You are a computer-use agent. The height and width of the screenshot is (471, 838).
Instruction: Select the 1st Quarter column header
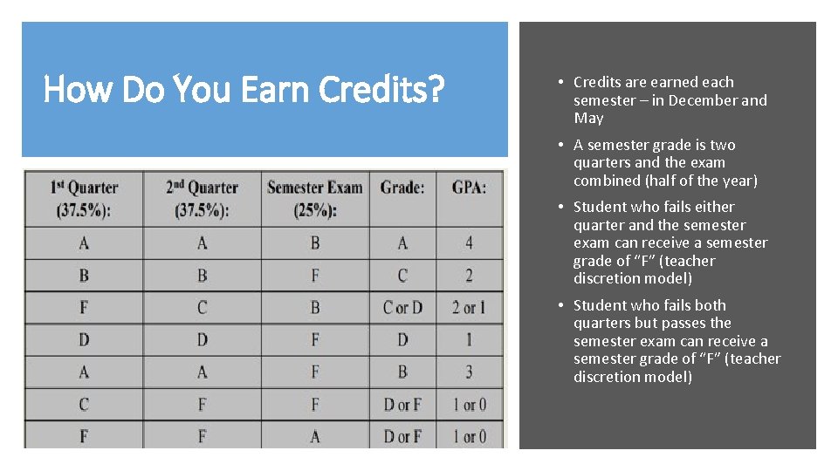(84, 198)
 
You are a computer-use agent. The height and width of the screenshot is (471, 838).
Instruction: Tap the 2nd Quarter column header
(202, 198)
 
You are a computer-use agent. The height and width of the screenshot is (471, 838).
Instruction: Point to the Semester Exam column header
(314, 198)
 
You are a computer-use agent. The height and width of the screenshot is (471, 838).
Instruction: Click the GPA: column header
(469, 187)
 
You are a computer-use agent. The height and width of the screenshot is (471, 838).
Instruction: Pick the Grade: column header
(402, 187)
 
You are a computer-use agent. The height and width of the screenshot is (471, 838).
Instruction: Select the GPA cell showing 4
(469, 242)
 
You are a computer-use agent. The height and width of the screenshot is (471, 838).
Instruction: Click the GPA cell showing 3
(469, 372)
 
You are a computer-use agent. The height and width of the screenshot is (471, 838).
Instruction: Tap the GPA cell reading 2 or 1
(469, 308)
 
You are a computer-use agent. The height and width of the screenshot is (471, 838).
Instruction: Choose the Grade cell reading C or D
(402, 308)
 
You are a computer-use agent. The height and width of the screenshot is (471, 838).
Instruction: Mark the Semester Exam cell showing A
(315, 436)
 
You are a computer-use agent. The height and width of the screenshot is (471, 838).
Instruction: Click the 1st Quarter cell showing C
(84, 405)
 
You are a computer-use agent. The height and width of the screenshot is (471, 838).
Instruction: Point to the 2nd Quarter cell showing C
(202, 308)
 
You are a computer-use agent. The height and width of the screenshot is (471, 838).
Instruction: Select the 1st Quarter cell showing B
(84, 276)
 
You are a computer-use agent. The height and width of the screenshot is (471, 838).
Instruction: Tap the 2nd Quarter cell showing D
(202, 340)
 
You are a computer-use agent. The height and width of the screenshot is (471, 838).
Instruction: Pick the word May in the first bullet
(588, 118)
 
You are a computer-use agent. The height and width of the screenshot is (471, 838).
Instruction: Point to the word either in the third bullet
(715, 207)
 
